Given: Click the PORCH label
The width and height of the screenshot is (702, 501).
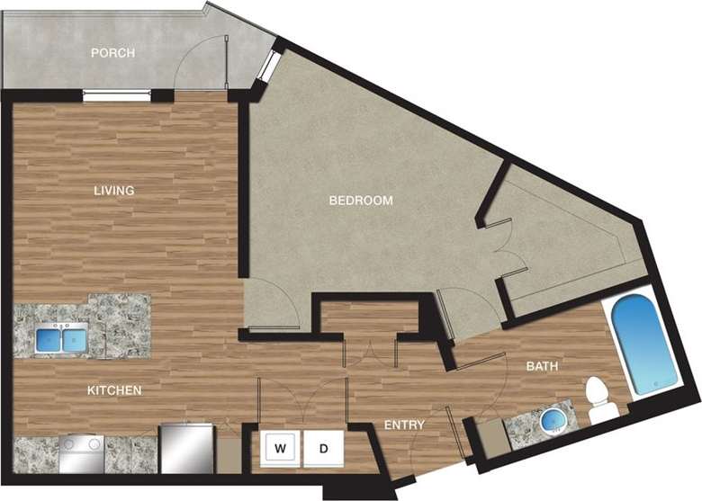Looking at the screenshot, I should click(113, 53).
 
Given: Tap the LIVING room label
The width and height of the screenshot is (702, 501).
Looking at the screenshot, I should click(113, 191).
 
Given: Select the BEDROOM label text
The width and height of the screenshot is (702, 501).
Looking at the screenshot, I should click(360, 201).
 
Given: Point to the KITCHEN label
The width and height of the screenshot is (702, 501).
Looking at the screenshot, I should click(113, 391).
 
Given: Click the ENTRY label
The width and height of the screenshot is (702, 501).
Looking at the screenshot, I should click(404, 425).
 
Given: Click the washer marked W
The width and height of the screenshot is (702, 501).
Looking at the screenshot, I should click(280, 447).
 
